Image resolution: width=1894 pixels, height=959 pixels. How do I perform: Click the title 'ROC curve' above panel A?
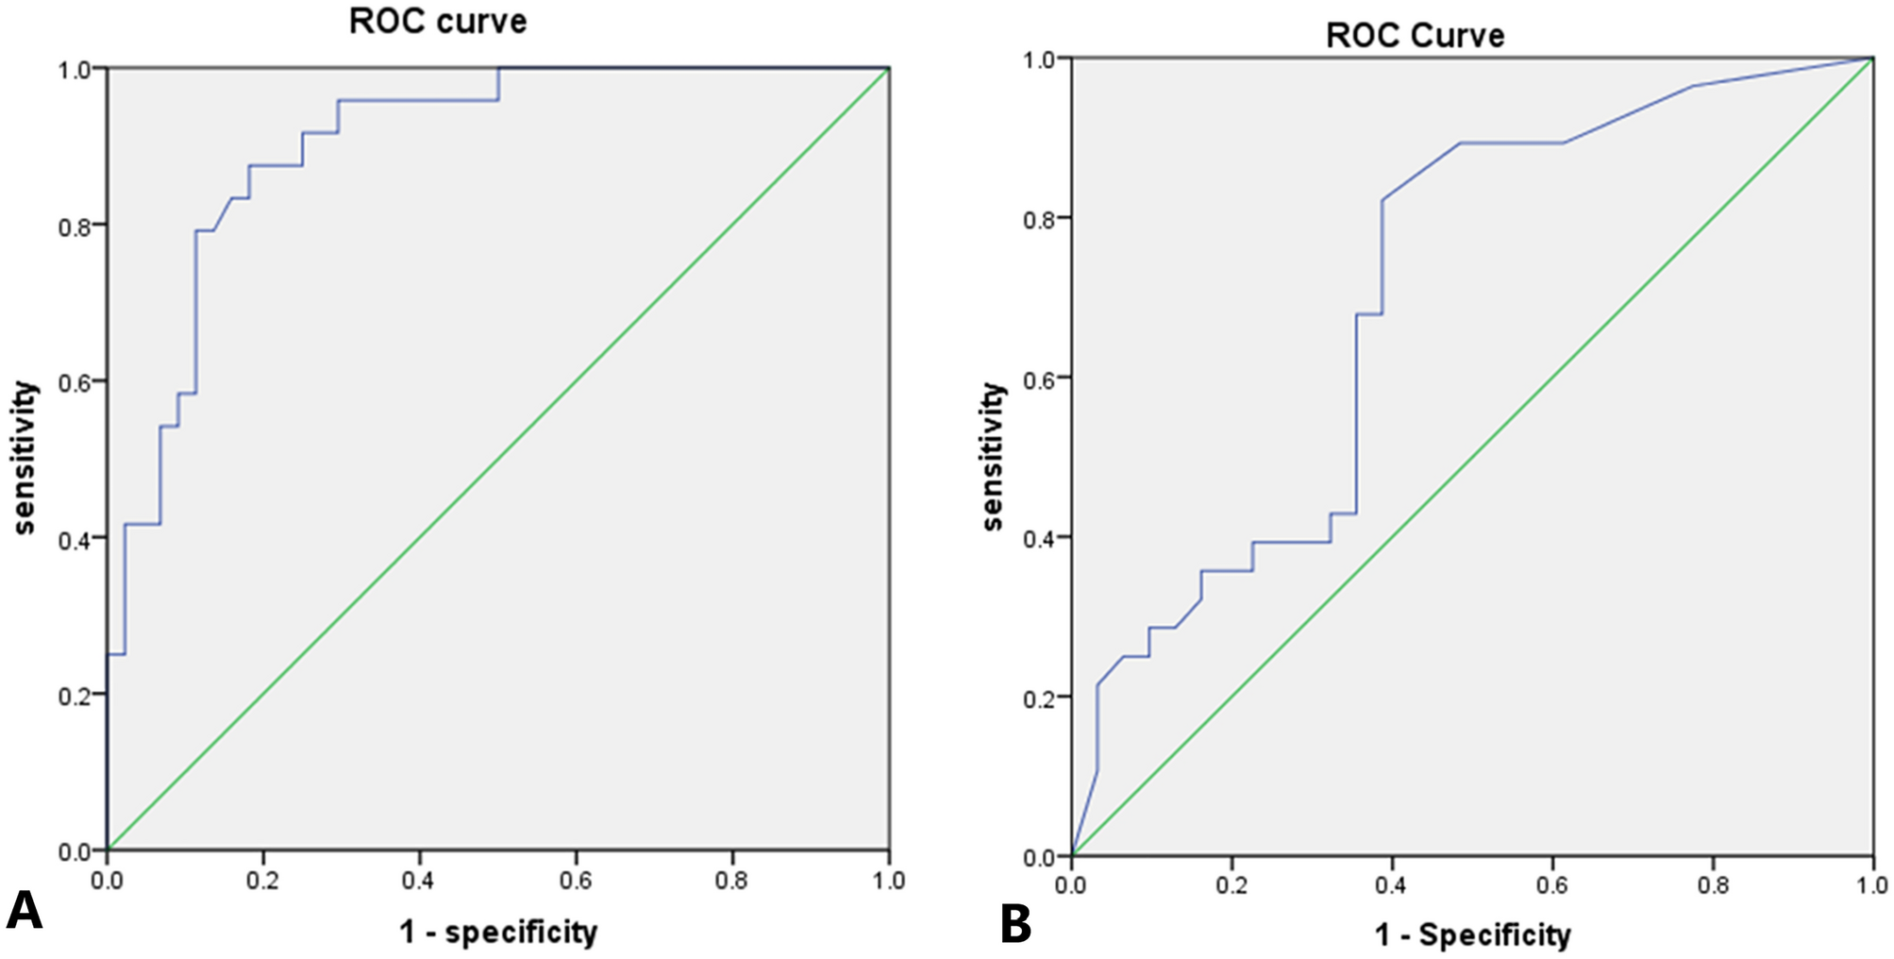point(437,21)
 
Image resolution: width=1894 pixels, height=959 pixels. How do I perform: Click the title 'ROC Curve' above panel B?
point(1414,36)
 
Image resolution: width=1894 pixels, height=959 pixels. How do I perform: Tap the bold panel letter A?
point(24,912)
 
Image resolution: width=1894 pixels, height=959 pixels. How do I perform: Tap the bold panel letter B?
point(1015,925)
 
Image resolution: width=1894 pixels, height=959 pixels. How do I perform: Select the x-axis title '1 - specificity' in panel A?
point(497,933)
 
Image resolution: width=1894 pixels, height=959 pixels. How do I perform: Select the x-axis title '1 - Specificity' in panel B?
point(1472,935)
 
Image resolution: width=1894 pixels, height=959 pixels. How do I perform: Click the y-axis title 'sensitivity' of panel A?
point(25,459)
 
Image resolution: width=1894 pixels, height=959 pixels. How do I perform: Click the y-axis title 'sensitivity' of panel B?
point(993,457)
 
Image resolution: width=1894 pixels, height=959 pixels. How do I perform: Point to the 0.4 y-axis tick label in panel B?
point(1040,538)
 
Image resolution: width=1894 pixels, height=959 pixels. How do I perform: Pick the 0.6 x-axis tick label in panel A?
point(576,881)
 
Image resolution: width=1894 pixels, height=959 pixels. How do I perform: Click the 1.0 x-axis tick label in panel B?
point(1871,885)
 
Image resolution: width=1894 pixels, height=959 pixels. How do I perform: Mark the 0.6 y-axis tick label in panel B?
point(1040,378)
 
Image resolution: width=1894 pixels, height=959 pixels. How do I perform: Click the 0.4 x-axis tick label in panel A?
point(419,881)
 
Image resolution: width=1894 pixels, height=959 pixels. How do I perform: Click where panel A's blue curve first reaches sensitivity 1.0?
point(498,69)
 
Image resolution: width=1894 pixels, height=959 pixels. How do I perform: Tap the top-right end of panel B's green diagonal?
point(1872,59)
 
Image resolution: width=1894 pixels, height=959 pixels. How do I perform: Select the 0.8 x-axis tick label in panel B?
point(1712,885)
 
